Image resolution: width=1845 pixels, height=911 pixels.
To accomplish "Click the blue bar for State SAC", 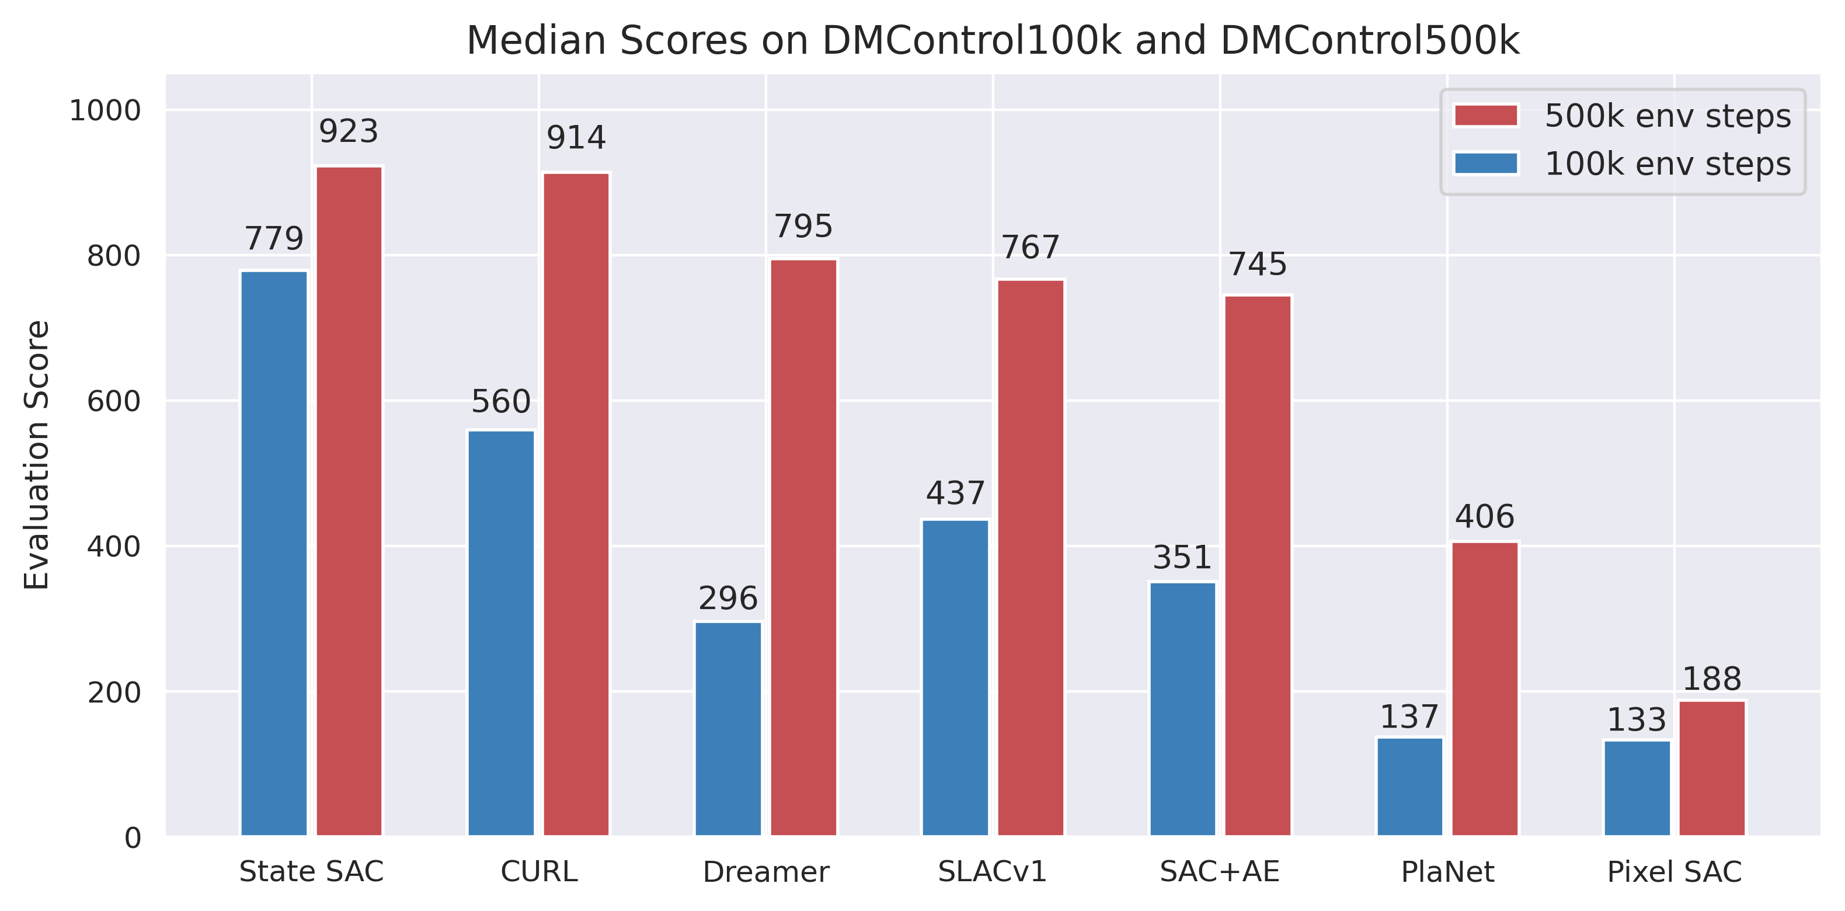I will point(274,553).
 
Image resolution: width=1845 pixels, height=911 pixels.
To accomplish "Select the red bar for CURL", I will point(576,504).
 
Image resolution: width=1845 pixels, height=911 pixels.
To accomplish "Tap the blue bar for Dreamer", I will point(727,728).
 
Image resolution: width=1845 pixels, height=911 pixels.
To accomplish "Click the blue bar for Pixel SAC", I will point(1637,788).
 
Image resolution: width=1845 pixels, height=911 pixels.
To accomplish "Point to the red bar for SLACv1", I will point(1031,557).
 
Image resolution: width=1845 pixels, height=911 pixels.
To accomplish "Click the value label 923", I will point(348,132).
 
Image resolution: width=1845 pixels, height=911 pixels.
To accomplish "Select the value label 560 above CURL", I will point(500,402).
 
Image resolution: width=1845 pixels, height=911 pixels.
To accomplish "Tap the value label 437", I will point(955,493).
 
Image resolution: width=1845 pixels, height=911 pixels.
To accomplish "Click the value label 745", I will point(1258,265).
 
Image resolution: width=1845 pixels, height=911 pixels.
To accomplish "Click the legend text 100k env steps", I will point(1668,164).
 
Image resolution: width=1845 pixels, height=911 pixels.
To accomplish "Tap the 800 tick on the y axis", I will point(113,256).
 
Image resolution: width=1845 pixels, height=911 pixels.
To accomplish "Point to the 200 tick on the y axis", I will point(113,693).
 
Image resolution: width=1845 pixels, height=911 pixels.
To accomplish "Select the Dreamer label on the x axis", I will point(765,872).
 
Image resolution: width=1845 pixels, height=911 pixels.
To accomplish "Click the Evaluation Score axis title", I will point(37,455).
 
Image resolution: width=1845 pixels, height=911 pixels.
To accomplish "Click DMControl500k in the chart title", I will point(1369,41).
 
